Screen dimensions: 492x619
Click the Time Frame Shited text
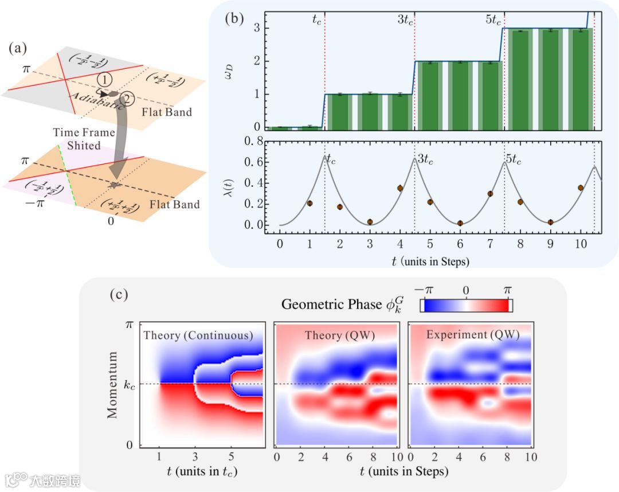[x=76, y=139]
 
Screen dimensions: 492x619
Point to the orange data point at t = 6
[x=460, y=223]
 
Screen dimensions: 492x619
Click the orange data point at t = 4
[x=400, y=188]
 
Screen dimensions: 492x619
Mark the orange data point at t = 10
[x=581, y=188]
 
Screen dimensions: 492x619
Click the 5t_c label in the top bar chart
[x=493, y=19]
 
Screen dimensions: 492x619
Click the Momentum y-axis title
[x=112, y=384]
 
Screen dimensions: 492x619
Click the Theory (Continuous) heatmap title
[x=198, y=335]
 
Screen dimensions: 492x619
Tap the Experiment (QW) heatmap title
[x=473, y=335]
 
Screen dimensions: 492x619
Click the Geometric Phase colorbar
[x=467, y=306]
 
